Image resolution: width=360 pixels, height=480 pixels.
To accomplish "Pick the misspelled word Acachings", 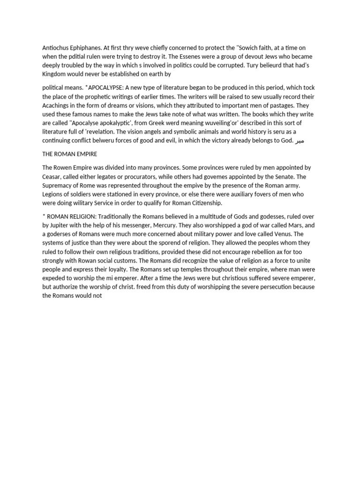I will [x=58, y=105].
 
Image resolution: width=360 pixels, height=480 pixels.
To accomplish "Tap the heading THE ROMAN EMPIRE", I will [x=71, y=154].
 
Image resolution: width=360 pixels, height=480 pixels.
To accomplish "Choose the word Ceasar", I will [x=53, y=177].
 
